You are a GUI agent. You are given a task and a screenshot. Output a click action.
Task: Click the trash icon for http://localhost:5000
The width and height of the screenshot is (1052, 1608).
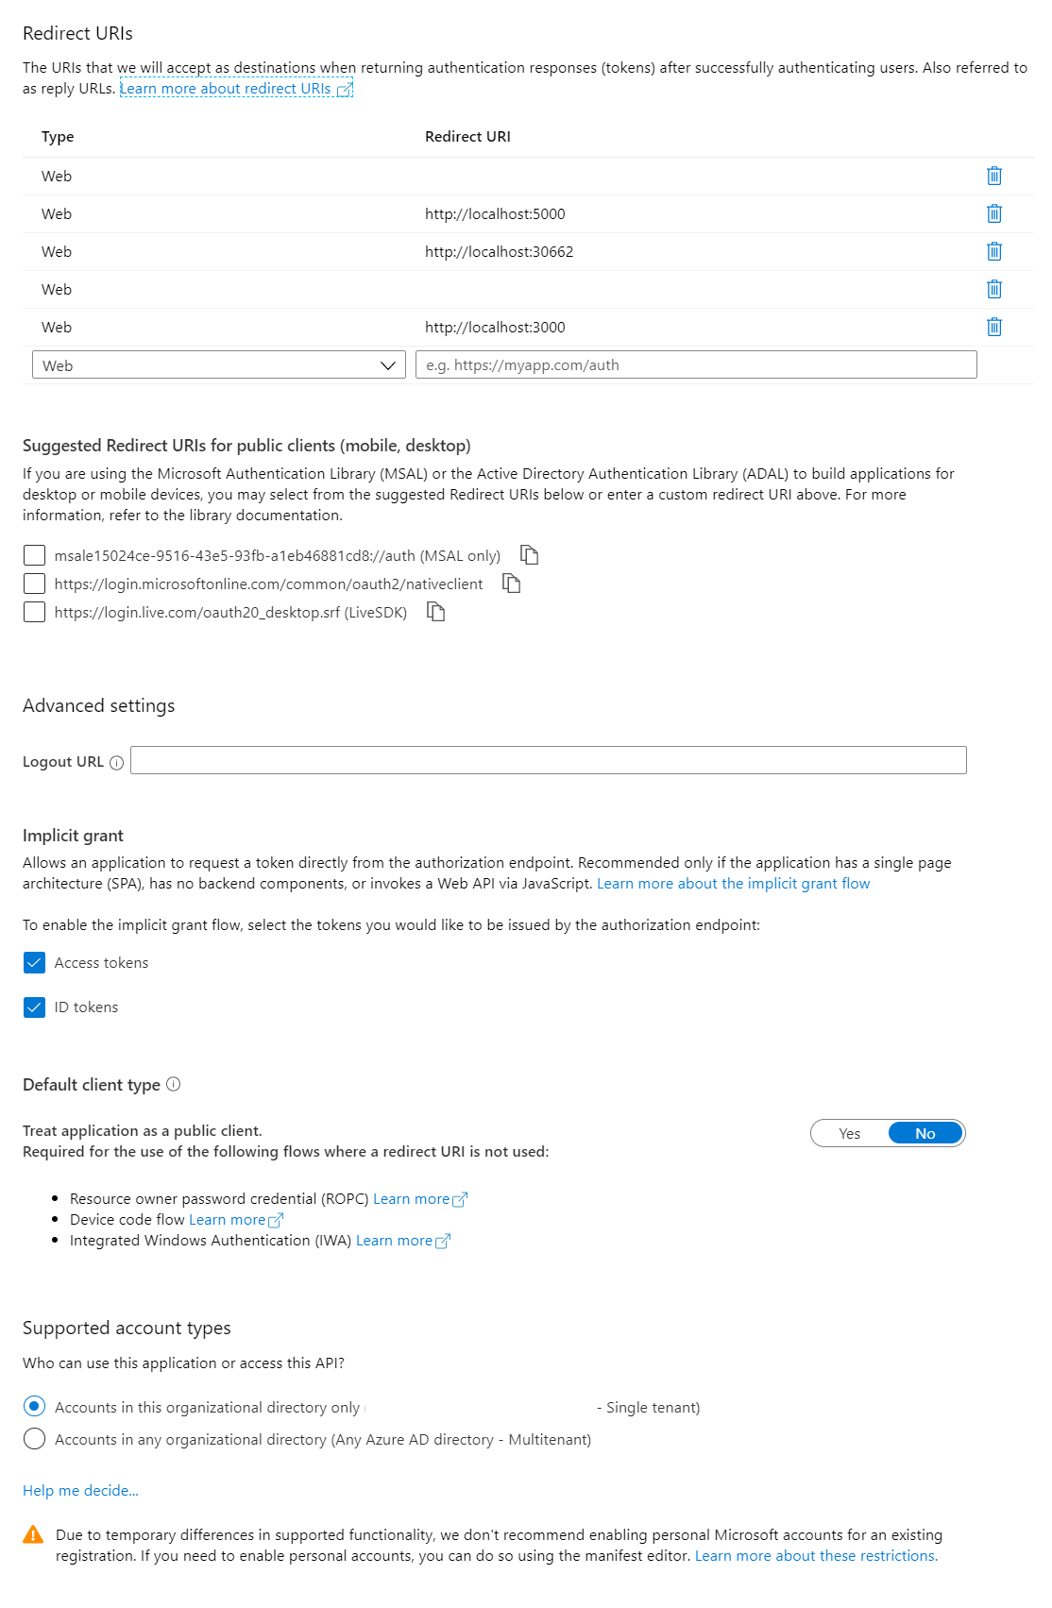[x=993, y=213]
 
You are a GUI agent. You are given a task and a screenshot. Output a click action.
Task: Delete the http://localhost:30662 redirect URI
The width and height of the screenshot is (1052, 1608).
[x=993, y=251]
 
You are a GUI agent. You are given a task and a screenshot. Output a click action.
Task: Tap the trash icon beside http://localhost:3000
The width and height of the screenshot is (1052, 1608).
[x=993, y=327]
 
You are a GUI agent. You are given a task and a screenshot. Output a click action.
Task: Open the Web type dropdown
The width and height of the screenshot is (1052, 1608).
[x=218, y=365]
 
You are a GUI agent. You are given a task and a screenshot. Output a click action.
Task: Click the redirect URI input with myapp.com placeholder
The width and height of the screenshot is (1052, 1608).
[x=696, y=365]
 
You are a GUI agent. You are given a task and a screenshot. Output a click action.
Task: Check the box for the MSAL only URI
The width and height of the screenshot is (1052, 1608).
[x=34, y=555]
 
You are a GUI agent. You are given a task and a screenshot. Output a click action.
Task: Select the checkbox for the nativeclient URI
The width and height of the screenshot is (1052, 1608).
[x=34, y=584]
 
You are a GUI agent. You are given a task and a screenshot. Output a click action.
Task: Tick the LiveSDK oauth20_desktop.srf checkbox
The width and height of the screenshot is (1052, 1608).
[x=34, y=612]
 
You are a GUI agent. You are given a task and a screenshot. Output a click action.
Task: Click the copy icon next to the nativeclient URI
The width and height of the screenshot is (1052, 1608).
[x=511, y=584]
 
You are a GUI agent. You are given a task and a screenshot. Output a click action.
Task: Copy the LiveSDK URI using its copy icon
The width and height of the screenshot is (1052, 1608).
[x=435, y=612]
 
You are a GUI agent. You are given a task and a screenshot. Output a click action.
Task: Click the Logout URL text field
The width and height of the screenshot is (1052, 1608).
[x=548, y=760]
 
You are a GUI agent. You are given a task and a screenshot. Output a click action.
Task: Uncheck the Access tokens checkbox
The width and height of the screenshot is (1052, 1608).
[x=34, y=962]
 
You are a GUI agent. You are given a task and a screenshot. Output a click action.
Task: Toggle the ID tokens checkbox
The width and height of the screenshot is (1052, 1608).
[x=34, y=1007]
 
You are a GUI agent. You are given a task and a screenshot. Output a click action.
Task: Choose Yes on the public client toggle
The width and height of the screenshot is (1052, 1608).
[x=850, y=1133]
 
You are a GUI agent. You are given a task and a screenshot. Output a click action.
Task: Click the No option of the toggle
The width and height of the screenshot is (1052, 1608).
[x=925, y=1133]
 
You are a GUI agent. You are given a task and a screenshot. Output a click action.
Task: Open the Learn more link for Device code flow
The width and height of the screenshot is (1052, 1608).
[x=235, y=1220]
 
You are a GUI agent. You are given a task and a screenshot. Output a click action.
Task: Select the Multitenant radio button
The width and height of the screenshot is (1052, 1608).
[x=34, y=1439]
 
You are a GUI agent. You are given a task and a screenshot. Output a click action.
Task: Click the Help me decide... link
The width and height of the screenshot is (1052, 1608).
[x=80, y=1490]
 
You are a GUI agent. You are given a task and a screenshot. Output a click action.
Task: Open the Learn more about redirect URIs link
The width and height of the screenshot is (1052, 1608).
[x=235, y=89]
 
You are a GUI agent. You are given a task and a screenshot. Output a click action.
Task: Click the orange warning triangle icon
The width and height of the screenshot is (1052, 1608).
[x=33, y=1534]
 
